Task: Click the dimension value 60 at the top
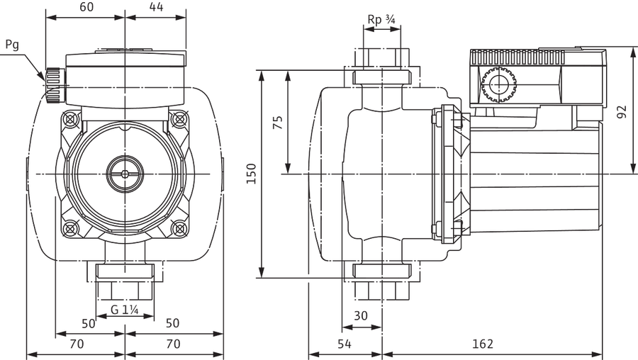86,7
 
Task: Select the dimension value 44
156,7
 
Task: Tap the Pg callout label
12,45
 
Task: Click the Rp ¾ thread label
381,19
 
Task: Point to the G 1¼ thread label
125,310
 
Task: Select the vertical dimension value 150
252,174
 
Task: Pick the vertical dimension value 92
621,112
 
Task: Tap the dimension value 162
483,344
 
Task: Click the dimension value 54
345,344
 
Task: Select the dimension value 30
361,315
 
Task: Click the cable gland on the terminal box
54,86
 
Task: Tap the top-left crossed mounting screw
71,120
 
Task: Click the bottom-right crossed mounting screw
179,227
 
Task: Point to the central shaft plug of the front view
125,174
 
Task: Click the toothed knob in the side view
498,86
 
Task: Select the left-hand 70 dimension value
77,344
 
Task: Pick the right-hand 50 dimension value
172,323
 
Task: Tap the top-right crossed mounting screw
179,120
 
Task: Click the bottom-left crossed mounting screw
71,227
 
